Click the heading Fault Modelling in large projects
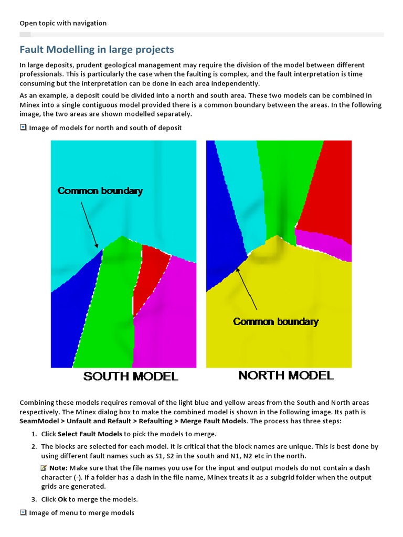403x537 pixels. coord(97,50)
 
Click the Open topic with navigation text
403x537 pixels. coord(63,23)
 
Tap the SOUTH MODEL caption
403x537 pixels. coord(131,376)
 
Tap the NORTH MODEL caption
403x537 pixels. coord(286,375)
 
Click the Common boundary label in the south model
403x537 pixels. coord(100,191)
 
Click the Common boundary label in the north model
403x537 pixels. coord(275,321)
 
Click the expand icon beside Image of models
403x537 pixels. coord(23,127)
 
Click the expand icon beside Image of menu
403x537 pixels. coord(23,512)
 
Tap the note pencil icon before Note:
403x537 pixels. coord(44,467)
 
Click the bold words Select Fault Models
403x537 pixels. coord(90,434)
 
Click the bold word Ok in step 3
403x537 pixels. coord(62,499)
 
